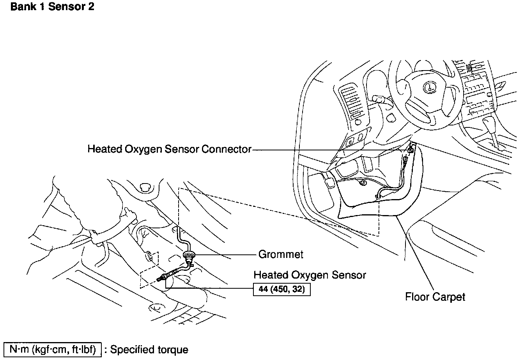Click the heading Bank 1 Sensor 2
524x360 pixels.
(52, 7)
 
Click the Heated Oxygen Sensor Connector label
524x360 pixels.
(169, 149)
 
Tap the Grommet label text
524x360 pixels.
(281, 254)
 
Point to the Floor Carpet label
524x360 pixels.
(435, 297)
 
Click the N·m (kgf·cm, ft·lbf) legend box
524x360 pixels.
(53, 349)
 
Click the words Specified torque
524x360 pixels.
(149, 350)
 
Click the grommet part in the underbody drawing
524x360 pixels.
(188, 256)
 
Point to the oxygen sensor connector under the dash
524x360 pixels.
(410, 150)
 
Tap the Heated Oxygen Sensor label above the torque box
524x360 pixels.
(310, 275)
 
